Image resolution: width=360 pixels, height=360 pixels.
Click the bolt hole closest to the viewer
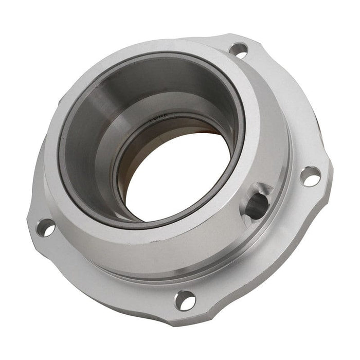tap(185, 299)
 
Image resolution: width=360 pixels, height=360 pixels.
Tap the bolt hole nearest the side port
tap(310, 176)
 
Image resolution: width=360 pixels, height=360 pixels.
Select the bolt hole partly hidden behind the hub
tap(238, 50)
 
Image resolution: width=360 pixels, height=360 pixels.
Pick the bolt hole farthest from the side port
tap(45, 227)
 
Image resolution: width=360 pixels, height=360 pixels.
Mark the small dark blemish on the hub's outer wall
tap(152, 240)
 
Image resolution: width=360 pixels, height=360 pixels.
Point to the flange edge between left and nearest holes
tap(98, 288)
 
